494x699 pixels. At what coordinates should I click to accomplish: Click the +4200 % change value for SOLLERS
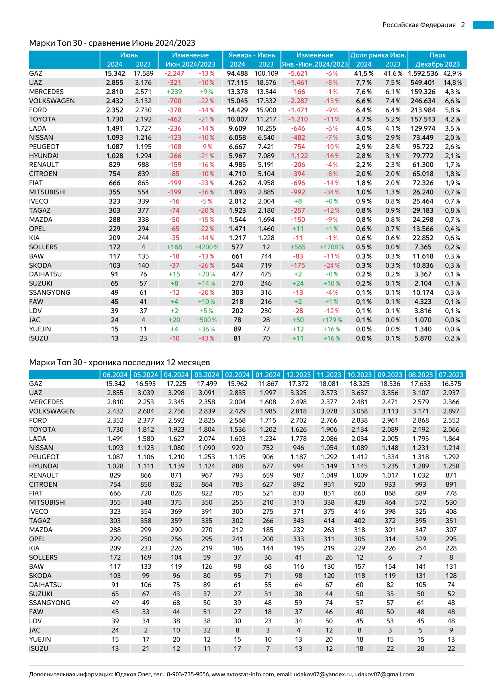point(206,247)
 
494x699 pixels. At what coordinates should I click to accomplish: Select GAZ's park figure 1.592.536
point(423,73)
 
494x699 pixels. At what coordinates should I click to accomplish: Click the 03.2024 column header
point(207,375)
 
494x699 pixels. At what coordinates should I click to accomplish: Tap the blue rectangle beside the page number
point(483,25)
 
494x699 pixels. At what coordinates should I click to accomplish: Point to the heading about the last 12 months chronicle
point(120,362)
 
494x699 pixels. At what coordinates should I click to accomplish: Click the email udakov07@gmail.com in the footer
point(384,674)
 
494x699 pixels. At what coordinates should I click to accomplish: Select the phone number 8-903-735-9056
point(188,674)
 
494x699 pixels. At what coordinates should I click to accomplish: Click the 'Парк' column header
point(437,55)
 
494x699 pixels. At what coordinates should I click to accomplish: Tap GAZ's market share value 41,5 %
point(364,73)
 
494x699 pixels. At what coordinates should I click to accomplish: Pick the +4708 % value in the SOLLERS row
point(331,247)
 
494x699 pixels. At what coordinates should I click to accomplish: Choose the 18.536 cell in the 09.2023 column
point(390,384)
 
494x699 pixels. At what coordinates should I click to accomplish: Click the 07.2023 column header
point(451,375)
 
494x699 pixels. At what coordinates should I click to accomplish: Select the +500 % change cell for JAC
point(206,320)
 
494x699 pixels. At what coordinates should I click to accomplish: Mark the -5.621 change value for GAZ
point(298,73)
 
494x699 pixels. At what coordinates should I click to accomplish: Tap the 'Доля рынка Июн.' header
point(378,55)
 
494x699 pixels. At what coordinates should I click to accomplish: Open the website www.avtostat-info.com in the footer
point(243,674)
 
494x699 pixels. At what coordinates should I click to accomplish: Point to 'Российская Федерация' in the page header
point(419,25)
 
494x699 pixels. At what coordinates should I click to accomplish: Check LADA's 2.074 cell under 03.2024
point(207,439)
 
